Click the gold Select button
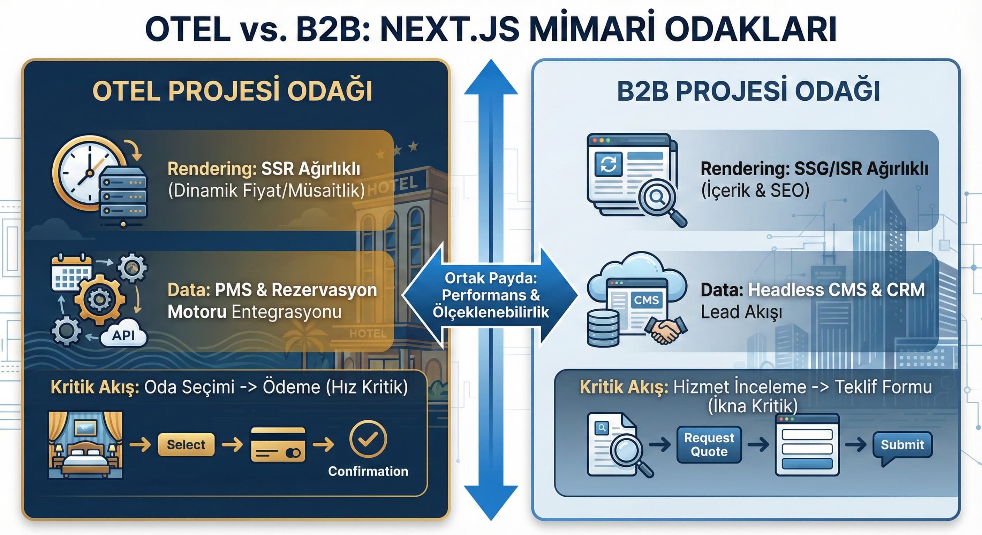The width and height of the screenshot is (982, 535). [x=186, y=444]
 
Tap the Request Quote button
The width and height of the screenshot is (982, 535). [x=709, y=444]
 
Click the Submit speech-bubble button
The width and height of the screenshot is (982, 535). [x=902, y=444]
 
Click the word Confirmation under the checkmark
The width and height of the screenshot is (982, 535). [x=368, y=471]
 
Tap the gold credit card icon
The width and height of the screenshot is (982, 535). [x=278, y=445]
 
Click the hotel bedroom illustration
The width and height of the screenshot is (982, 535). [x=86, y=444]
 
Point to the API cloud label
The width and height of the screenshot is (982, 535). [x=123, y=335]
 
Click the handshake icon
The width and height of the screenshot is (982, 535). [x=665, y=330]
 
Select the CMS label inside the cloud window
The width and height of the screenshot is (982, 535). [x=646, y=300]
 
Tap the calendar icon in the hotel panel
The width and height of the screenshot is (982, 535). [x=72, y=273]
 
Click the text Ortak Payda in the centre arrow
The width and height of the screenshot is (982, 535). [x=491, y=278]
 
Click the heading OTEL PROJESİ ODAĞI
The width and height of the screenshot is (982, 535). [x=232, y=91]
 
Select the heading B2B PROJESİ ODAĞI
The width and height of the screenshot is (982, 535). [x=748, y=91]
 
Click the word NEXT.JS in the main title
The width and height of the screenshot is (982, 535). [x=450, y=29]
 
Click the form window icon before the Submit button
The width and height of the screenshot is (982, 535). [x=807, y=444]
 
